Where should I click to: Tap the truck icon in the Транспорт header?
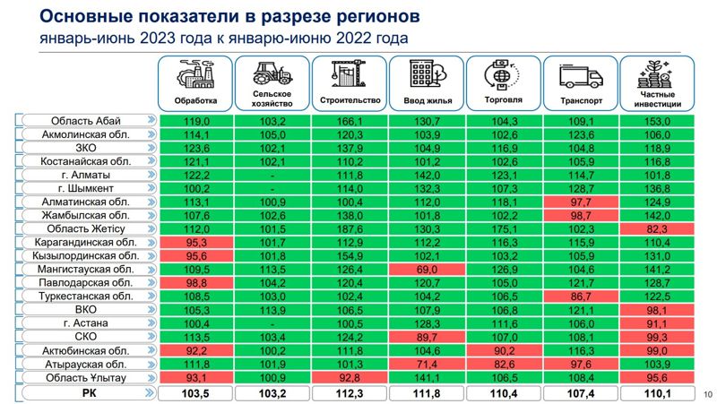click(580, 74)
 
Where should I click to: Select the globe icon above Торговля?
click(503, 73)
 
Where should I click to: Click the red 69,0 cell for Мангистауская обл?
click(426, 269)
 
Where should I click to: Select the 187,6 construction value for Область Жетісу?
click(349, 228)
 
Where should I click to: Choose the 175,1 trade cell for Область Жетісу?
click(504, 228)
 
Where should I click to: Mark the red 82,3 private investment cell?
click(657, 228)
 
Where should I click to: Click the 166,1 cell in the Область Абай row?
click(349, 121)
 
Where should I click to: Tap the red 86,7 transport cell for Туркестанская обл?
click(581, 296)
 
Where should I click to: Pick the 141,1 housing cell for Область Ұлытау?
click(426, 377)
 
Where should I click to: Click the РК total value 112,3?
click(349, 392)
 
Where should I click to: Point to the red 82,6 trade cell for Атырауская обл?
click(504, 364)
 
